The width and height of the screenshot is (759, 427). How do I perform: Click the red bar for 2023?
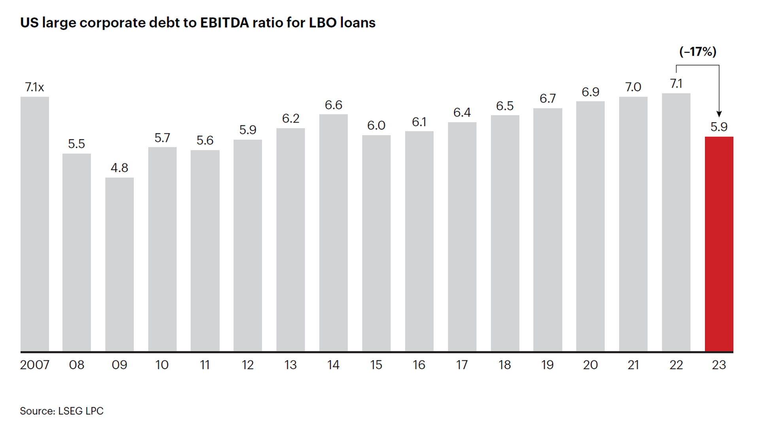719,244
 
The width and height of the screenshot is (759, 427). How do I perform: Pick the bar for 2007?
35,224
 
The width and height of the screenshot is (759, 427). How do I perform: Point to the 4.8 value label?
119,168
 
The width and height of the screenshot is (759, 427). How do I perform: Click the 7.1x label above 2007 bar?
34,87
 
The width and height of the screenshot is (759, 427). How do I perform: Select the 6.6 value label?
333,105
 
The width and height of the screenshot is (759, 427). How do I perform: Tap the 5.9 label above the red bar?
719,127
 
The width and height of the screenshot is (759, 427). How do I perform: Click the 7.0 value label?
633,87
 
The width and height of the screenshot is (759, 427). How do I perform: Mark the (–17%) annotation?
698,51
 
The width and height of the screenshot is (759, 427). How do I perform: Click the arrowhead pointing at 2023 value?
719,114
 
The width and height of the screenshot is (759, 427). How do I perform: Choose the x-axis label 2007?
35,365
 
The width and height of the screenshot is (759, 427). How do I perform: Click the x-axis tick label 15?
376,365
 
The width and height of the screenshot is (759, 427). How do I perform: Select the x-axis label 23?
719,365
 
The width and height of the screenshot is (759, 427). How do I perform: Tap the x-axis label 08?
77,365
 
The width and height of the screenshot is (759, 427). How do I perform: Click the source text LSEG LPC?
81,411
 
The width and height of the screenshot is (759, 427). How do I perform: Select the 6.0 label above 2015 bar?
376,125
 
